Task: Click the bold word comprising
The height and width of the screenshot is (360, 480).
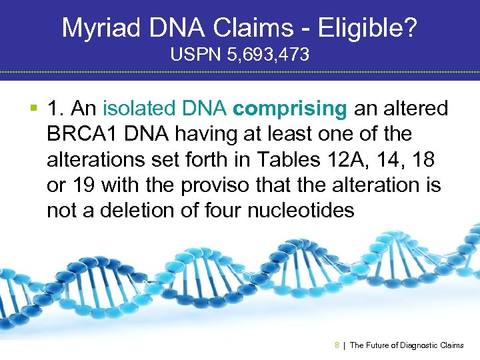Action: [x=291, y=109]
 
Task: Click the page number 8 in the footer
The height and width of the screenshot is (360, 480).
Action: [x=337, y=345]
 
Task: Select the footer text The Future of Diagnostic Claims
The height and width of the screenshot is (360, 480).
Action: [x=406, y=345]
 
